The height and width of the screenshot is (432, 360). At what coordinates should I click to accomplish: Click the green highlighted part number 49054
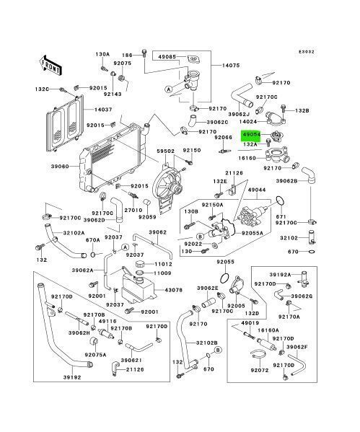click(x=253, y=134)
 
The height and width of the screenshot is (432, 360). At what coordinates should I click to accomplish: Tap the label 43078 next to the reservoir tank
click(x=174, y=291)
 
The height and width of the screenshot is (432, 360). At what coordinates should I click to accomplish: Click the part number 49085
click(x=167, y=56)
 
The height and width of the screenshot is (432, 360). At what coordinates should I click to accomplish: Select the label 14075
click(x=230, y=64)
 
